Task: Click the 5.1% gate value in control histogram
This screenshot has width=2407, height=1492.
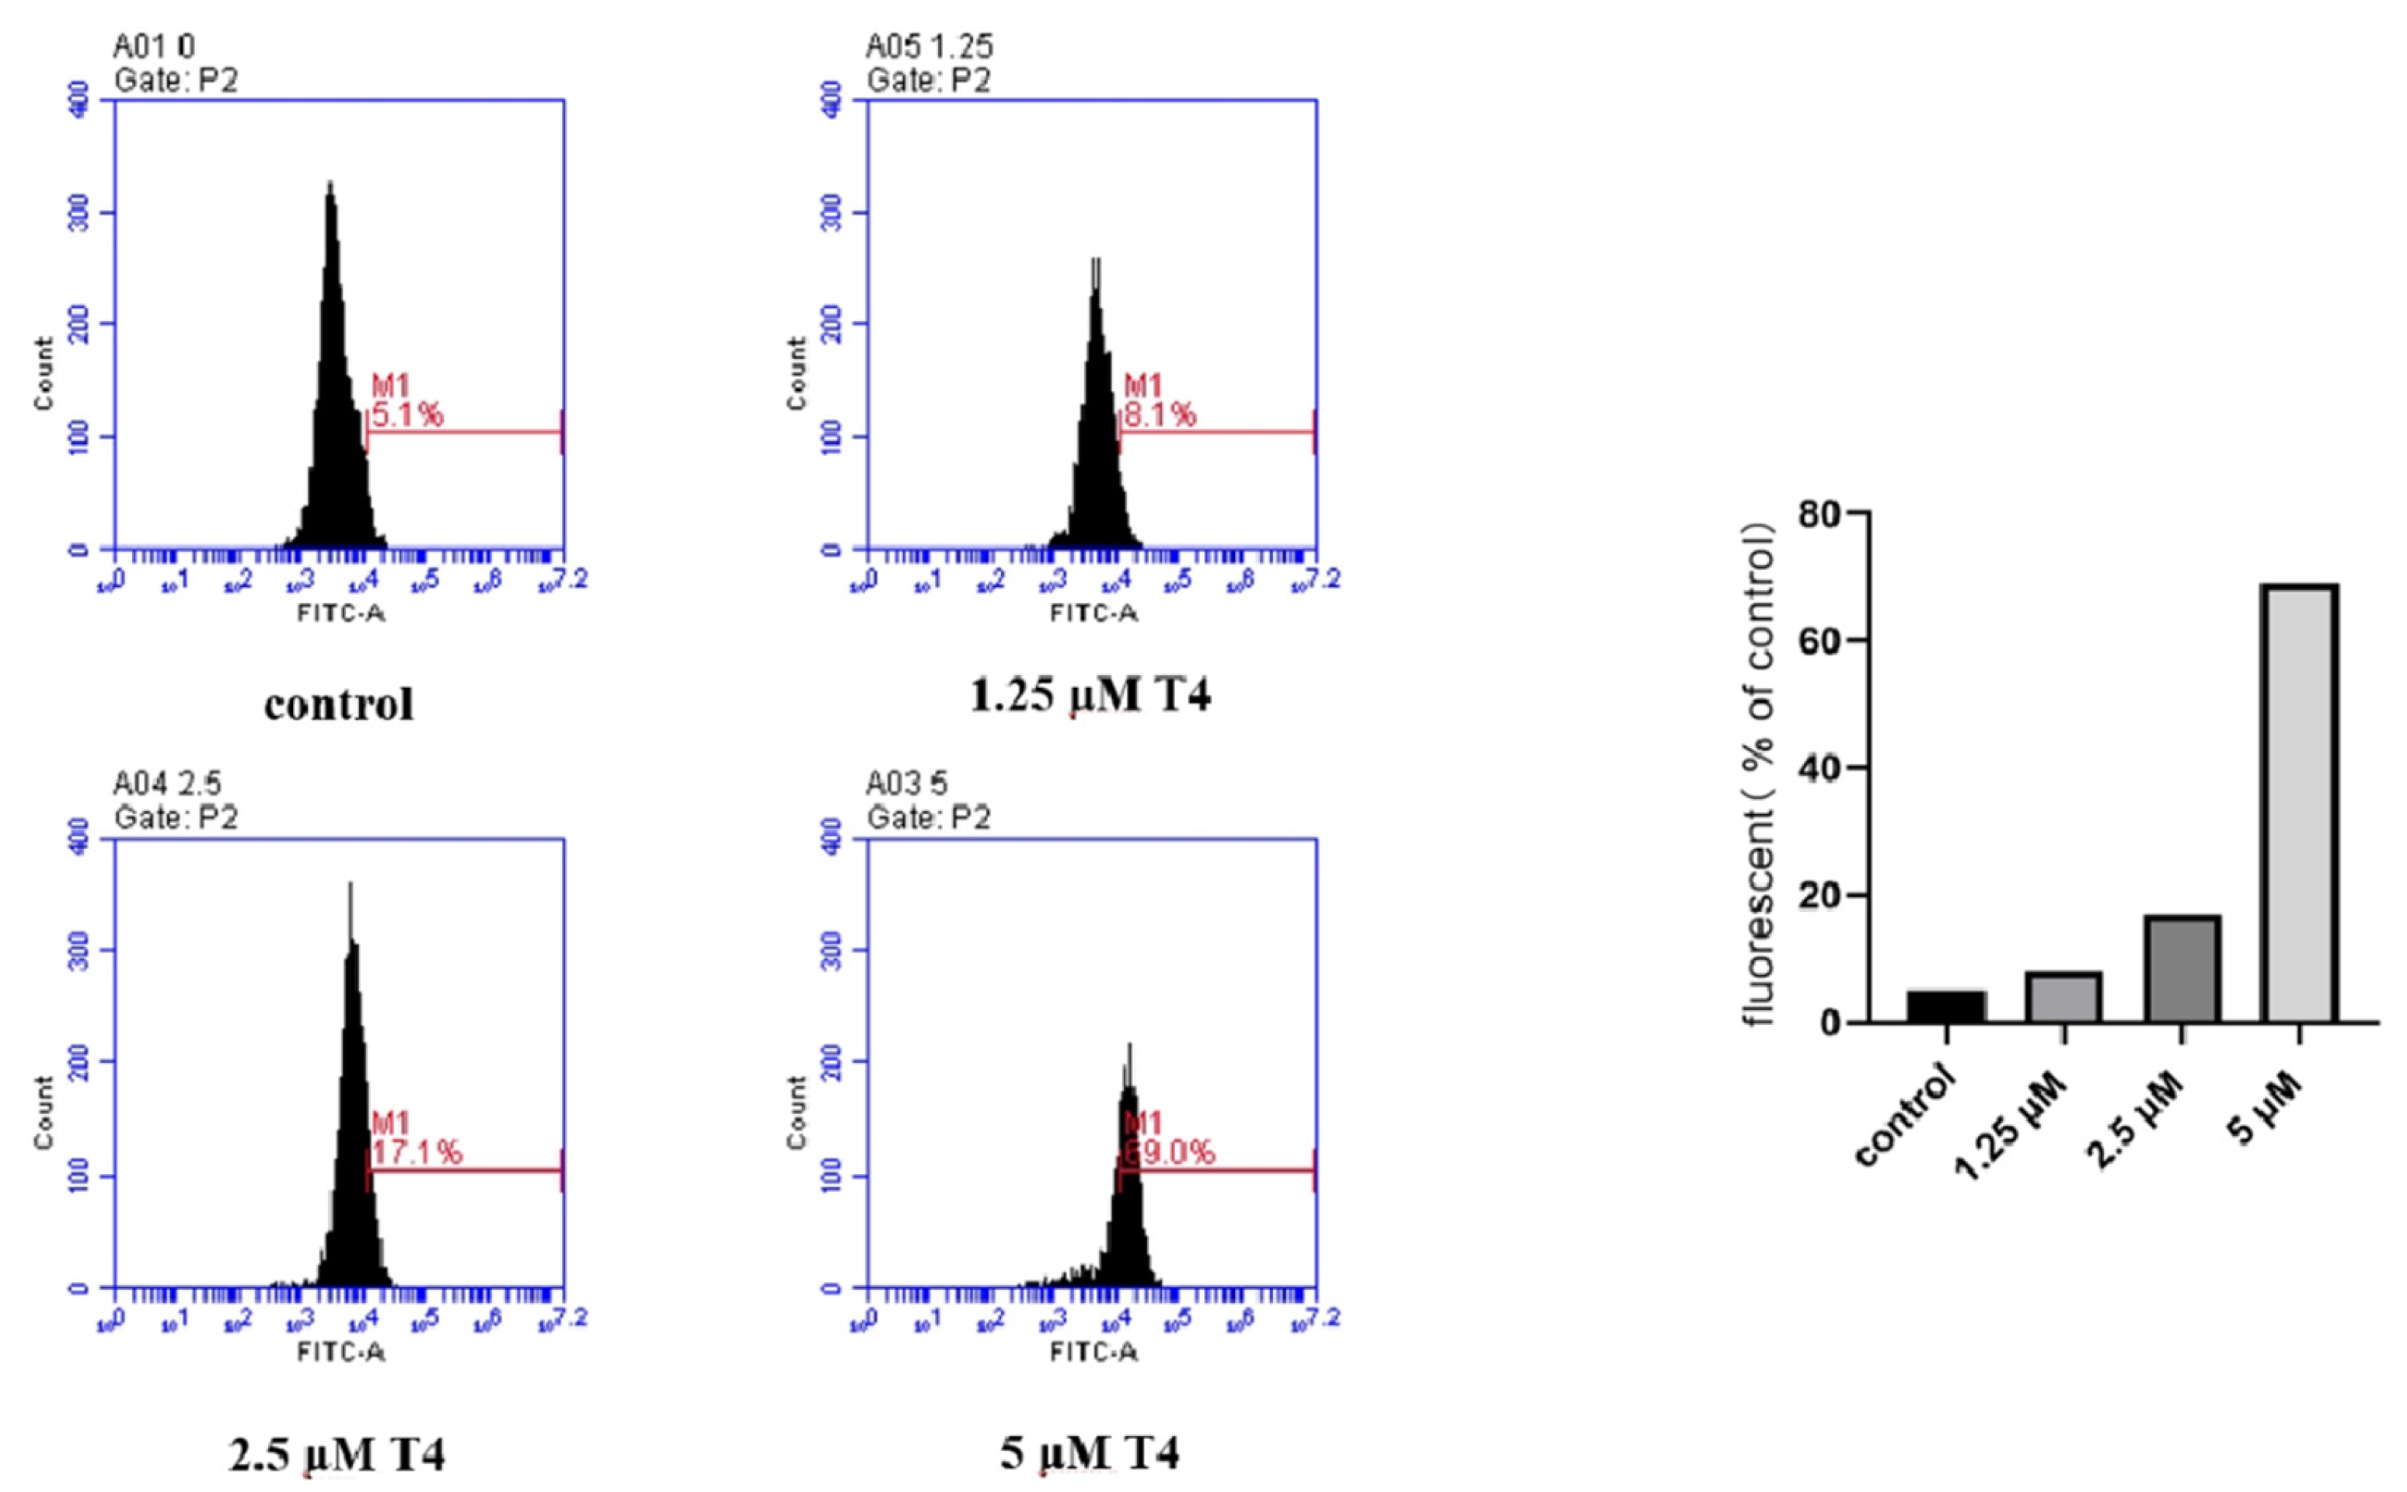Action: [x=407, y=415]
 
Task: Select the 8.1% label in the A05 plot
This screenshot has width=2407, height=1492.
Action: [x=1160, y=415]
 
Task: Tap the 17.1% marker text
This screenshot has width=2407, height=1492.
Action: [x=415, y=1151]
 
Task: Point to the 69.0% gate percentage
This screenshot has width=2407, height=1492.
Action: [x=1170, y=1151]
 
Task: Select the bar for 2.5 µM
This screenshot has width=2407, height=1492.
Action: [x=2181, y=969]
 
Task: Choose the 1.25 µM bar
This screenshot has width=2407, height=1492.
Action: [x=2063, y=997]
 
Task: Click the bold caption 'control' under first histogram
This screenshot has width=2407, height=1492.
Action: [x=338, y=704]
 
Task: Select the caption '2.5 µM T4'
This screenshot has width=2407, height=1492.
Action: [x=337, y=1455]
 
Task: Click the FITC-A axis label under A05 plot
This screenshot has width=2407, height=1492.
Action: [x=1093, y=613]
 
